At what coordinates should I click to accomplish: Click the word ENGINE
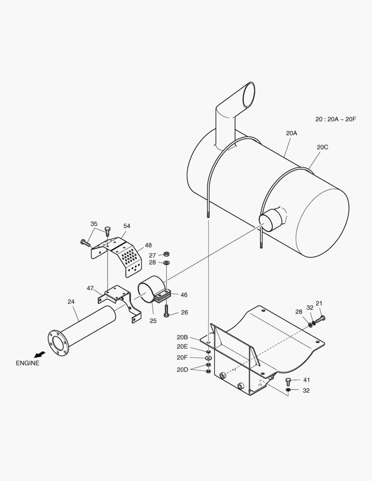tap(28, 363)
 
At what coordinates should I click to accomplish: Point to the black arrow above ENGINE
tap(40, 354)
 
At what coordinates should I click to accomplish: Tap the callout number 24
tap(71, 302)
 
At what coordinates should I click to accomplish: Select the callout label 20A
tap(291, 133)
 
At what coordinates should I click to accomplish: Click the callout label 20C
tap(323, 147)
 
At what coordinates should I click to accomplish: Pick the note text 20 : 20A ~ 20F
tap(335, 119)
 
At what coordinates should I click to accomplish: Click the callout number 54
tap(127, 226)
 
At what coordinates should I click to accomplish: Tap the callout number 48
tap(148, 245)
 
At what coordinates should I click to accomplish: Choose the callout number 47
tap(90, 288)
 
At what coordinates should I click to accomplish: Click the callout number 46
tap(184, 294)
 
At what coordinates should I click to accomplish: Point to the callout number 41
tap(306, 380)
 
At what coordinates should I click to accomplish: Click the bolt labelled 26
tap(166, 310)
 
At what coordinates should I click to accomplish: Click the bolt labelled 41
tap(288, 381)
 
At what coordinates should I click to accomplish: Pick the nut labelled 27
tap(166, 254)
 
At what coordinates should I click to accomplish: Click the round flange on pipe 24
tap(58, 343)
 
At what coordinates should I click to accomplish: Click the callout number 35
tap(94, 224)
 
